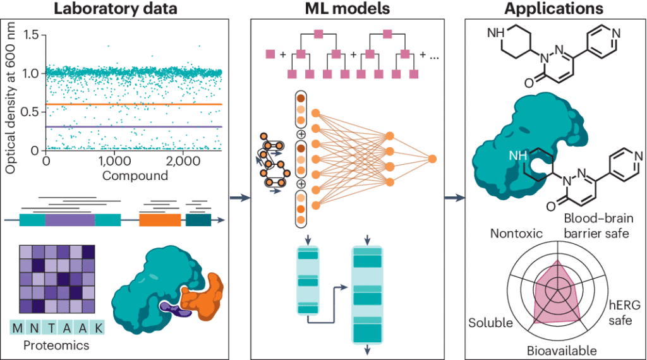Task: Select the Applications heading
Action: pyautogui.click(x=554, y=9)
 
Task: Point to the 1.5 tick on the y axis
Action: pyautogui.click(x=30, y=34)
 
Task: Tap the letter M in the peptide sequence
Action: pyautogui.click(x=16, y=328)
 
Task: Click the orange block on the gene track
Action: pyautogui.click(x=160, y=220)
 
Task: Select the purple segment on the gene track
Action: pyautogui.click(x=70, y=220)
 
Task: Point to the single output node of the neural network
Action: pyautogui.click(x=433, y=159)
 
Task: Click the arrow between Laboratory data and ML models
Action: pyautogui.click(x=239, y=198)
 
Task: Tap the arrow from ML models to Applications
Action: pyautogui.click(x=453, y=198)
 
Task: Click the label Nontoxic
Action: pyautogui.click(x=517, y=234)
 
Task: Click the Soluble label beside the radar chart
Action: pyautogui.click(x=490, y=323)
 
